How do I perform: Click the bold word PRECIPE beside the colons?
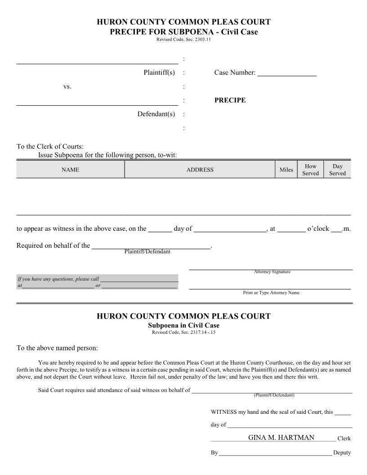tap(230, 100)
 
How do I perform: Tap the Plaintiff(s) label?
tap(159, 72)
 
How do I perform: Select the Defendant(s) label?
tap(156, 114)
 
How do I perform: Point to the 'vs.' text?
tap(67, 86)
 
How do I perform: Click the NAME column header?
tap(70, 170)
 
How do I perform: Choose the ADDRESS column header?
tap(200, 170)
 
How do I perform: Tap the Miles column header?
tap(286, 170)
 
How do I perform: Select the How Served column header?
tap(310, 170)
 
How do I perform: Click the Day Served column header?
tap(337, 170)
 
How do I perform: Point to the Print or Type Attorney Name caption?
tap(271, 293)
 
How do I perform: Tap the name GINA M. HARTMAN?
tap(281, 438)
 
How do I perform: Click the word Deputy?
tap(342, 453)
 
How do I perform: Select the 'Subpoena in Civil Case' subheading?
tap(183, 326)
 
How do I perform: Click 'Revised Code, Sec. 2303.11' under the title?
tap(183, 40)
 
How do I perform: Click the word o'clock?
tap(318, 229)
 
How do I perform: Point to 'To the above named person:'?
tap(57, 348)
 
